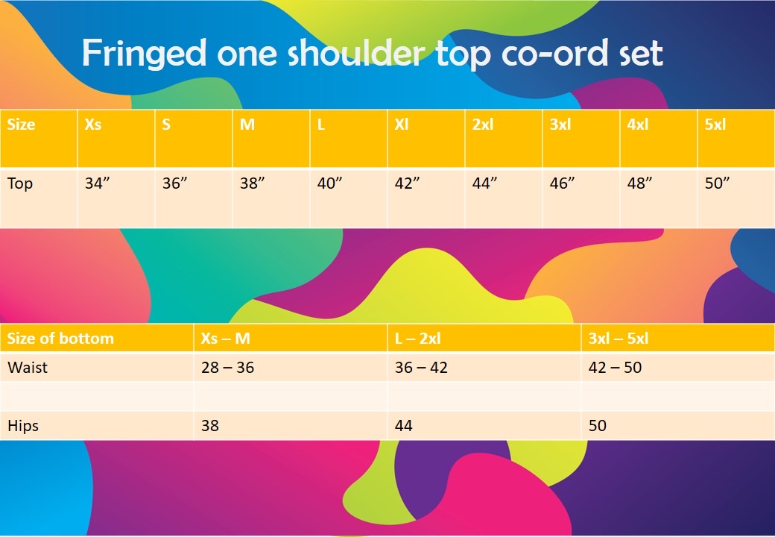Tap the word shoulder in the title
coord(355,52)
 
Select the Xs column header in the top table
coord(93,124)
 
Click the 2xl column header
coord(482,124)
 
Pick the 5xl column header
coord(715,124)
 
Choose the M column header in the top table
coord(247,124)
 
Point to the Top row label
coord(20,184)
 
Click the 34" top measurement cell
coord(97,183)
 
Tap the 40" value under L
coord(329,183)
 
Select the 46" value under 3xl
coord(562,183)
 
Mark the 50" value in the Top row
coord(717,183)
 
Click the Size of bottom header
coord(60,338)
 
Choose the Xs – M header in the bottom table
coord(225,338)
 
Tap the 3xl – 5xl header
coord(619,338)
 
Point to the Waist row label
coord(28,368)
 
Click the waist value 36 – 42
coord(421,368)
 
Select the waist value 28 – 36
coord(227,368)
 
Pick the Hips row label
coord(23,426)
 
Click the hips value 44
coord(403,426)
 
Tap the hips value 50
coord(597,426)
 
